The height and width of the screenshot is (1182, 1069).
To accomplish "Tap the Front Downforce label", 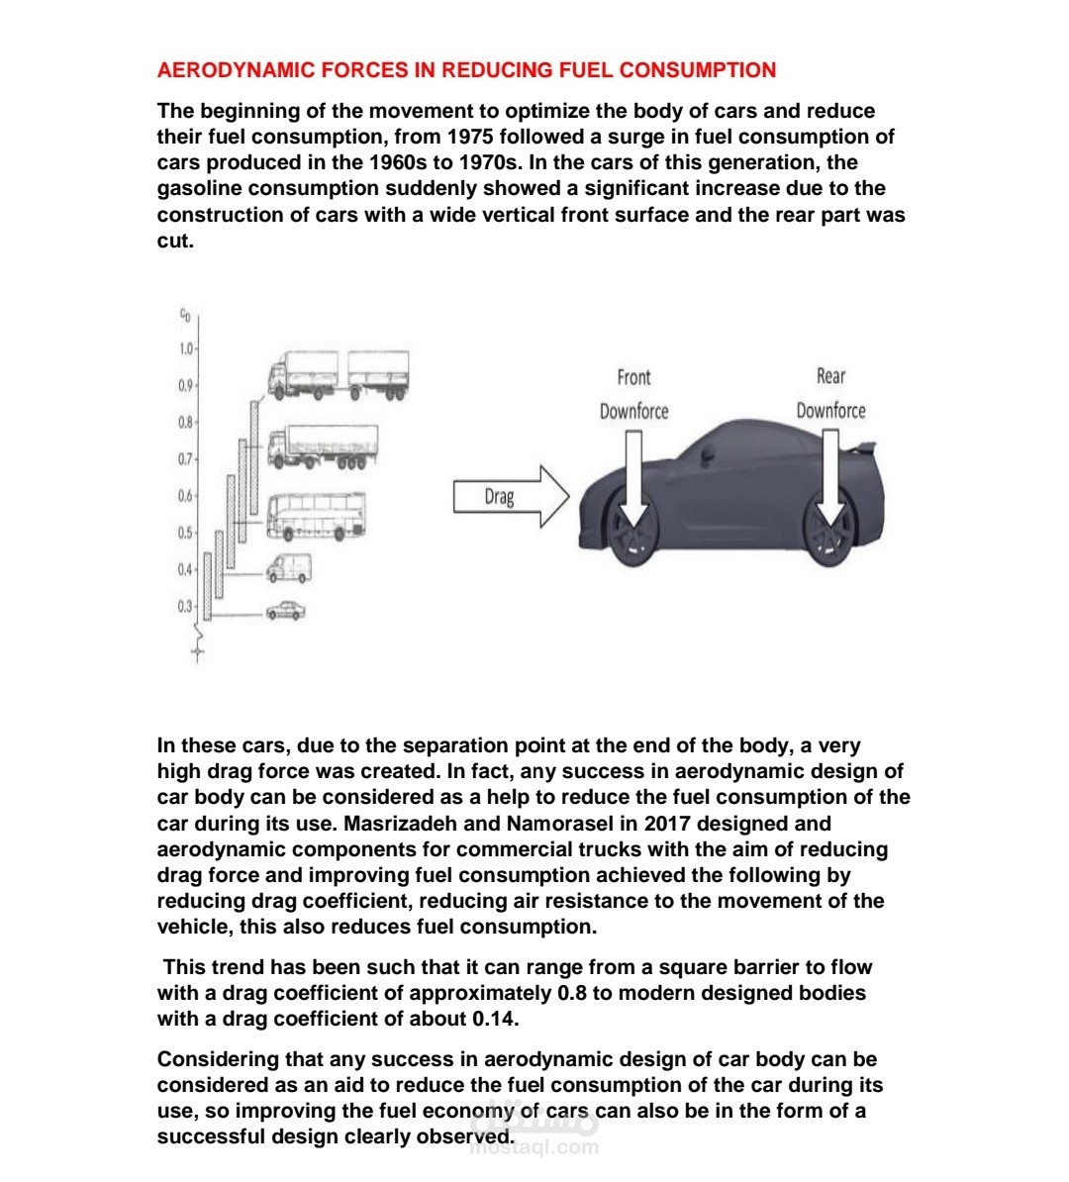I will click(633, 394).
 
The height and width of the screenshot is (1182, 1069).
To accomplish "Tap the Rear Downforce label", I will click(830, 393).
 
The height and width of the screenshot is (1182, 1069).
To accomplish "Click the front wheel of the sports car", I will click(632, 536).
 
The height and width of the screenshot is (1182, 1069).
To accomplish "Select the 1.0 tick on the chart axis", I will click(187, 348).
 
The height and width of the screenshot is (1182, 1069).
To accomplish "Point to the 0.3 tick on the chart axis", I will click(187, 606).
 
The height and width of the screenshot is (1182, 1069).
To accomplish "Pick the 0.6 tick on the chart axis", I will click(187, 496).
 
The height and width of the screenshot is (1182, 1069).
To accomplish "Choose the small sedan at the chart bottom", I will click(286, 611).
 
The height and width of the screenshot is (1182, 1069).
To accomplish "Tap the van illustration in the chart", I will click(288, 568).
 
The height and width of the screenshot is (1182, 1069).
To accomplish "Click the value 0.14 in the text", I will click(495, 1019).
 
